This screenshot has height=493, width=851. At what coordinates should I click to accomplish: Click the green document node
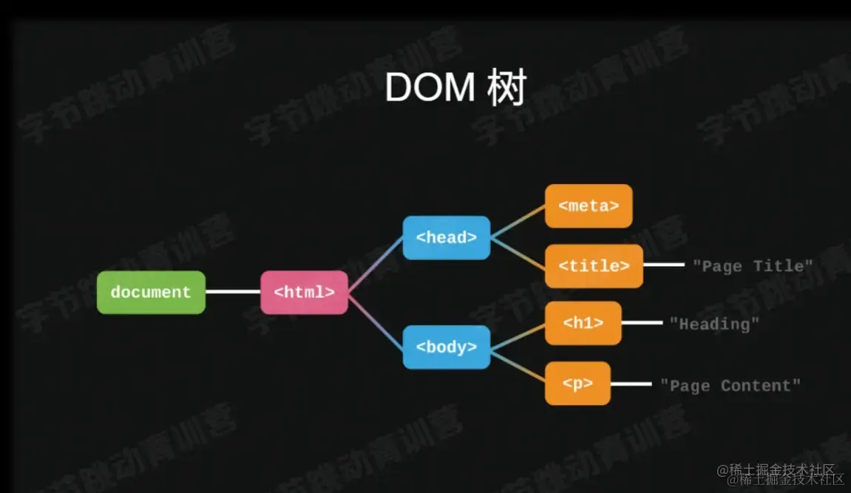coord(151,292)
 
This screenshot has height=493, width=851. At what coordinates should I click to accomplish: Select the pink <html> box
coord(304,292)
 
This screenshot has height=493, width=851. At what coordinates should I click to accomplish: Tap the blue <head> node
coord(446,237)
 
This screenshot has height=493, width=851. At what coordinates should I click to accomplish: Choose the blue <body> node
coord(446,347)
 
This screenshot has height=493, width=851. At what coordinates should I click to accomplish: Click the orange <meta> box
coord(589,205)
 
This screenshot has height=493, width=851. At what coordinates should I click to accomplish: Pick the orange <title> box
coord(594,265)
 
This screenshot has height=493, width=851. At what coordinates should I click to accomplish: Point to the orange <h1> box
coord(583,323)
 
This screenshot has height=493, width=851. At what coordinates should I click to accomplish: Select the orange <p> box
coord(577,384)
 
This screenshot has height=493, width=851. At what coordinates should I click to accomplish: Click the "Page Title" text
coord(753,265)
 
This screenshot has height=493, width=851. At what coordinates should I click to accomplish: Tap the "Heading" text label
coord(714,324)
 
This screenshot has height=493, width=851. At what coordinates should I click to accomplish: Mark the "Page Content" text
coord(730,385)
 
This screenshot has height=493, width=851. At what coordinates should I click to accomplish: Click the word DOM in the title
coord(430,89)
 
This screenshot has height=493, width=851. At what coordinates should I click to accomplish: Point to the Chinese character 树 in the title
coord(506,89)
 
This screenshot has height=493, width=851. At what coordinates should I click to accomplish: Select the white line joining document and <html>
coord(233,292)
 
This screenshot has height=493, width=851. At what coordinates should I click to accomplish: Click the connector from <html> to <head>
coord(376,265)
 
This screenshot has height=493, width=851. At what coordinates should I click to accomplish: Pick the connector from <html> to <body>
coord(376,319)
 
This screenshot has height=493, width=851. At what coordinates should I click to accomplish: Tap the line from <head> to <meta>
coord(518,221)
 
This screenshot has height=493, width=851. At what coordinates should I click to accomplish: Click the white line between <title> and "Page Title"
coord(663,265)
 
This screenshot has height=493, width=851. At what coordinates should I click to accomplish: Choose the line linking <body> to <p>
coord(518,365)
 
